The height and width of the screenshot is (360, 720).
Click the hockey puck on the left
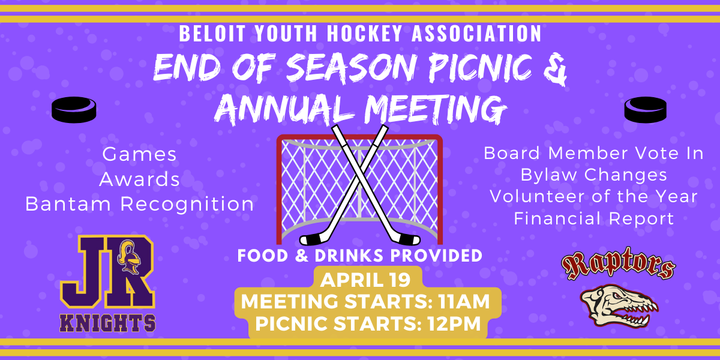74,110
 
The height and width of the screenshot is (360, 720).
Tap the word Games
140,154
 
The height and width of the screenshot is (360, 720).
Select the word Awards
140,179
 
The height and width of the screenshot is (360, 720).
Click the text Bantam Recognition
140,204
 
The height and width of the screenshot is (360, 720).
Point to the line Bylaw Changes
593,175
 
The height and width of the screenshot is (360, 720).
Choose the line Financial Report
593,219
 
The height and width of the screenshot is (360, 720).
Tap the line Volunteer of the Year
593,197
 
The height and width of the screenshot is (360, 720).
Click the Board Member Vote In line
593,153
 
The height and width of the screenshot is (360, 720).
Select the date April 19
365,280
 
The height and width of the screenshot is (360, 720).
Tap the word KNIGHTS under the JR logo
108,323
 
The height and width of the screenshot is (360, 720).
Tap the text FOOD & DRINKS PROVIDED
360,256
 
